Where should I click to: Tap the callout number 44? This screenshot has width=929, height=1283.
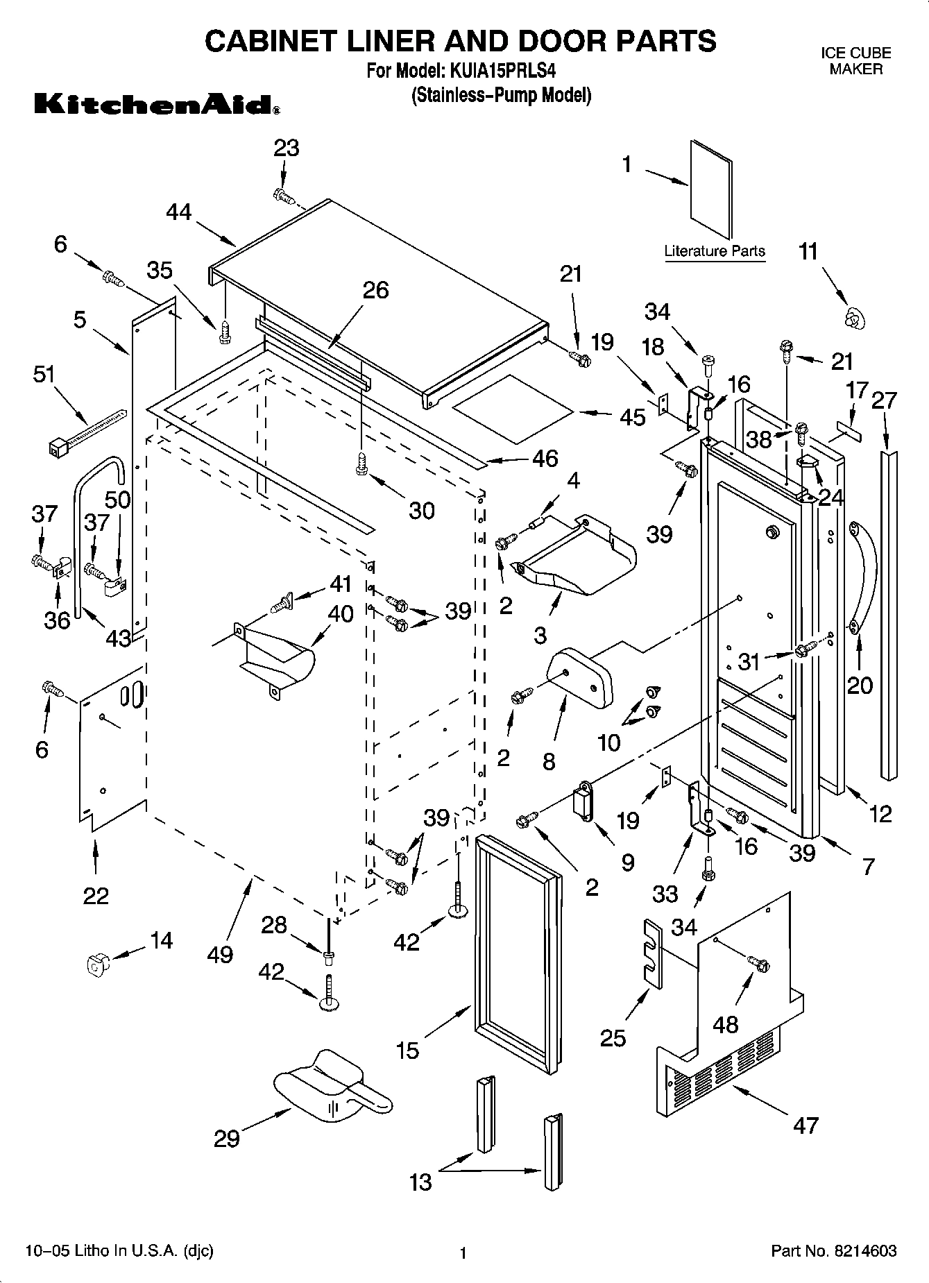(x=179, y=212)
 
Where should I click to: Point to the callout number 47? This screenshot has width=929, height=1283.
(x=805, y=1125)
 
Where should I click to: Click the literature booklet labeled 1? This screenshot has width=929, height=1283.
(x=711, y=189)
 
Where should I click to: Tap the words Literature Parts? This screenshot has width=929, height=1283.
(x=715, y=251)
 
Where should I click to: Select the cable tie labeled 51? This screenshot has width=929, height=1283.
(x=87, y=431)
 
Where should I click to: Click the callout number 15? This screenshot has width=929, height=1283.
(x=408, y=1051)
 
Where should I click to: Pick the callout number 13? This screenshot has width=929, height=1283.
(x=421, y=1182)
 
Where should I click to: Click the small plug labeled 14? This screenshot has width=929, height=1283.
(x=95, y=965)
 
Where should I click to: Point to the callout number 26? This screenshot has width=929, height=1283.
(x=376, y=290)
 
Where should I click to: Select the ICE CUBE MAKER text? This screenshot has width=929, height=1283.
(x=856, y=61)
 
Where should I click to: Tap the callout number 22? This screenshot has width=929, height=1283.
(x=96, y=896)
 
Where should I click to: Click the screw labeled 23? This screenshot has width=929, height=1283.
(x=283, y=196)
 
